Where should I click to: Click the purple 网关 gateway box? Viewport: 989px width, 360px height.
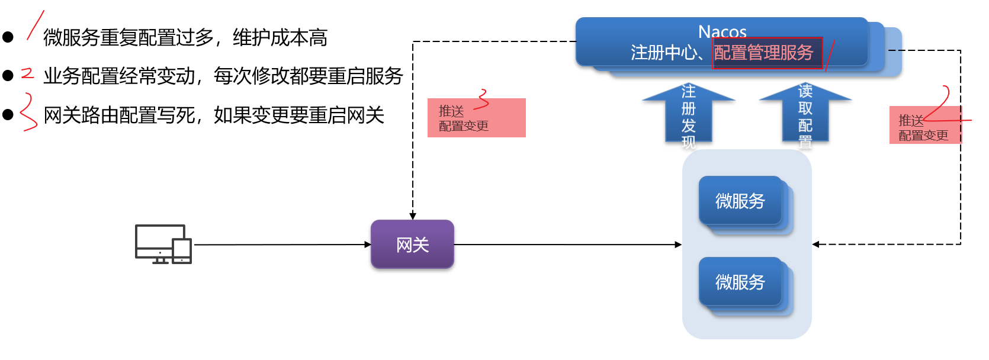[412, 244]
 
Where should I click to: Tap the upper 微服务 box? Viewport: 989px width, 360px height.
[740, 201]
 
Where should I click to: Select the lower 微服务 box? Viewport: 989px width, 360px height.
[740, 282]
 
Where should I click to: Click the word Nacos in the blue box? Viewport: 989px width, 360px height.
[722, 31]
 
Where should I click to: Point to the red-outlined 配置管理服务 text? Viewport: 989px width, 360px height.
[764, 53]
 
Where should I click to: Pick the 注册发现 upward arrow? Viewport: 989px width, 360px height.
[688, 115]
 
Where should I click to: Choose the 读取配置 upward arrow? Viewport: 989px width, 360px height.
[805, 115]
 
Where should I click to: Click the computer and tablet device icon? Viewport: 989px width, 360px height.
[163, 244]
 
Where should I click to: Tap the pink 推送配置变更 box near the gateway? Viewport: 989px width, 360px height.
[476, 118]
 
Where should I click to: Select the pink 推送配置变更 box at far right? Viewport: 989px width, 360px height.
[924, 126]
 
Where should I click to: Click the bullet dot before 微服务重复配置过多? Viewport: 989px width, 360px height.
[8, 37]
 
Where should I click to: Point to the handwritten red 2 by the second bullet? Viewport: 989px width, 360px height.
[27, 73]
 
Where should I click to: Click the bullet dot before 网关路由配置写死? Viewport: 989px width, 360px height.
[8, 115]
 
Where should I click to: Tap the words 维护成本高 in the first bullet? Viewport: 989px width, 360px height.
[280, 37]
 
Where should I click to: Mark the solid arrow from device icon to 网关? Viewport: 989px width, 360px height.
[281, 244]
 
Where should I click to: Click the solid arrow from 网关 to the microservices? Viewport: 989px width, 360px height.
[567, 244]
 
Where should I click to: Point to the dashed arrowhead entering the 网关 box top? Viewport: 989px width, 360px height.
[413, 216]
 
